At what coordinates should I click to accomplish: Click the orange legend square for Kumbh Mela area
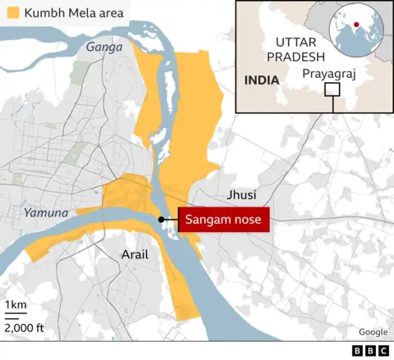pyautogui.click(x=12, y=14)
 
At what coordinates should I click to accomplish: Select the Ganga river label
pyautogui.click(x=104, y=48)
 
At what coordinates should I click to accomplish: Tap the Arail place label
pyautogui.click(x=135, y=254)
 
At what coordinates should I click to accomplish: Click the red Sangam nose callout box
pyautogui.click(x=224, y=220)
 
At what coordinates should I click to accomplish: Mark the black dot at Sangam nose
pyautogui.click(x=161, y=220)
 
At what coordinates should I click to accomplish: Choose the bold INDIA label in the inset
pyautogui.click(x=259, y=79)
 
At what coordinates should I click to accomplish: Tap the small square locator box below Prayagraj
pyautogui.click(x=332, y=90)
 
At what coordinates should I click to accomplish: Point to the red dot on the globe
pyautogui.click(x=355, y=25)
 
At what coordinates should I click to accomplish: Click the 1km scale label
pyautogui.click(x=15, y=307)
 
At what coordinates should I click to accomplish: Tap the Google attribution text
pyautogui.click(x=372, y=331)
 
